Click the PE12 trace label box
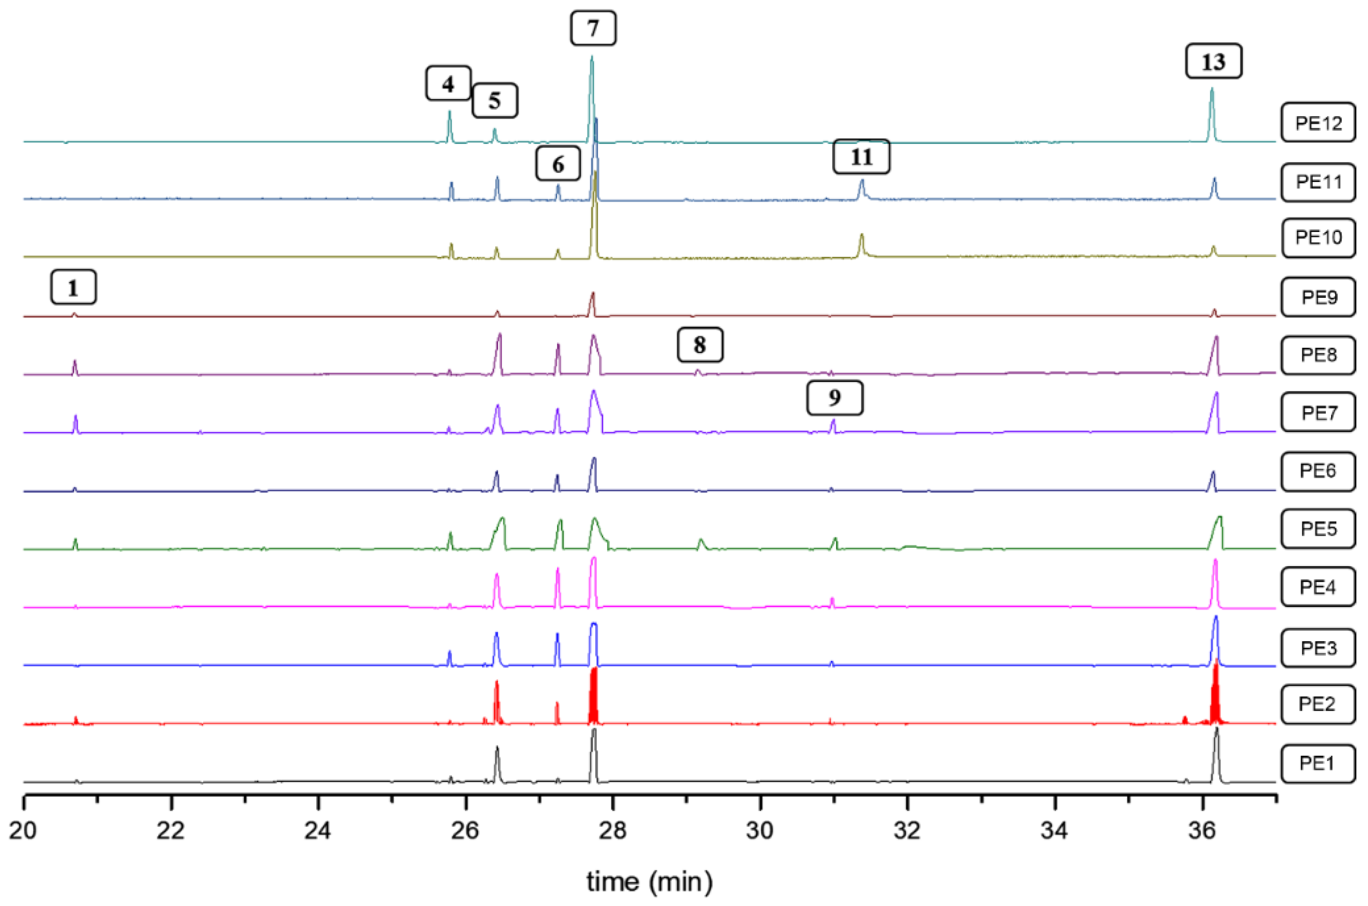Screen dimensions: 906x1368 tap(1318, 123)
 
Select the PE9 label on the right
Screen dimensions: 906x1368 tap(1318, 297)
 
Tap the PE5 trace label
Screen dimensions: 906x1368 tap(1318, 529)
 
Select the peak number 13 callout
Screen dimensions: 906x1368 tap(1213, 61)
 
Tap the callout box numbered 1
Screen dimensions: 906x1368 tap(73, 287)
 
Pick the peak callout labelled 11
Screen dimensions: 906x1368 tap(861, 157)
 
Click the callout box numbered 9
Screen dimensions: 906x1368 tap(835, 398)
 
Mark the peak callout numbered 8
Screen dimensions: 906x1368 tap(700, 345)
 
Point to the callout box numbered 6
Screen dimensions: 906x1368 tap(558, 164)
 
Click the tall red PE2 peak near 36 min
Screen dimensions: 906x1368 tap(1215, 690)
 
